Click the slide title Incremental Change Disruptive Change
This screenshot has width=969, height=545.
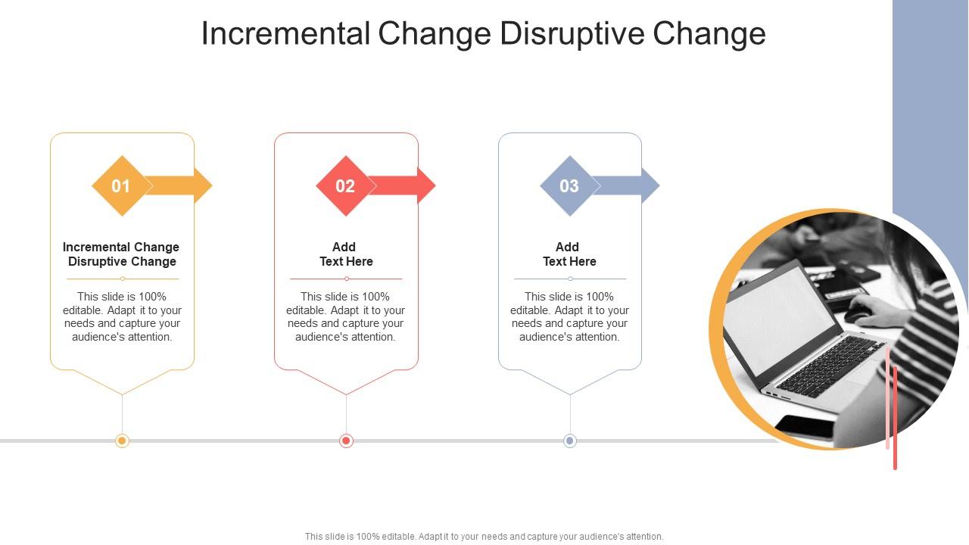click(483, 34)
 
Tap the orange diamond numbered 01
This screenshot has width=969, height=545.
click(121, 186)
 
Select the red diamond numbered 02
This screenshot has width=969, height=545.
click(345, 186)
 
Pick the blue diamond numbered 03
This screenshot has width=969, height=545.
click(569, 186)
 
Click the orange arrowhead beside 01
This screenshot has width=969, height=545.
click(201, 185)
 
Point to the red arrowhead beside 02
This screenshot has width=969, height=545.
click(425, 185)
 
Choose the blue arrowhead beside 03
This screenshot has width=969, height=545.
click(650, 185)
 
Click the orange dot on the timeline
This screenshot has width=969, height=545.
click(122, 441)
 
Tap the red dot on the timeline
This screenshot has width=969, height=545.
click(346, 441)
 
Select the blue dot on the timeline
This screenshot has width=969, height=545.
click(570, 441)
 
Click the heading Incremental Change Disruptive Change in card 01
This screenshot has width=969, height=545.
click(121, 254)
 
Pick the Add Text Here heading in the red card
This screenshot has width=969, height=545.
click(345, 254)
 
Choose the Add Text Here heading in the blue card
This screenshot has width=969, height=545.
click(569, 254)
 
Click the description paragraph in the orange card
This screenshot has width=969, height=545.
click(122, 316)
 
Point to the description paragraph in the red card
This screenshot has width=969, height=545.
click(345, 316)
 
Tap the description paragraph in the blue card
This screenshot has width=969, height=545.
click(569, 316)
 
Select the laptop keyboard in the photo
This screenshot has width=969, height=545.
click(829, 367)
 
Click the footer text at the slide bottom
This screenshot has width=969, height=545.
click(484, 536)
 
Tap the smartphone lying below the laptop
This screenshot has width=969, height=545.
click(806, 425)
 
